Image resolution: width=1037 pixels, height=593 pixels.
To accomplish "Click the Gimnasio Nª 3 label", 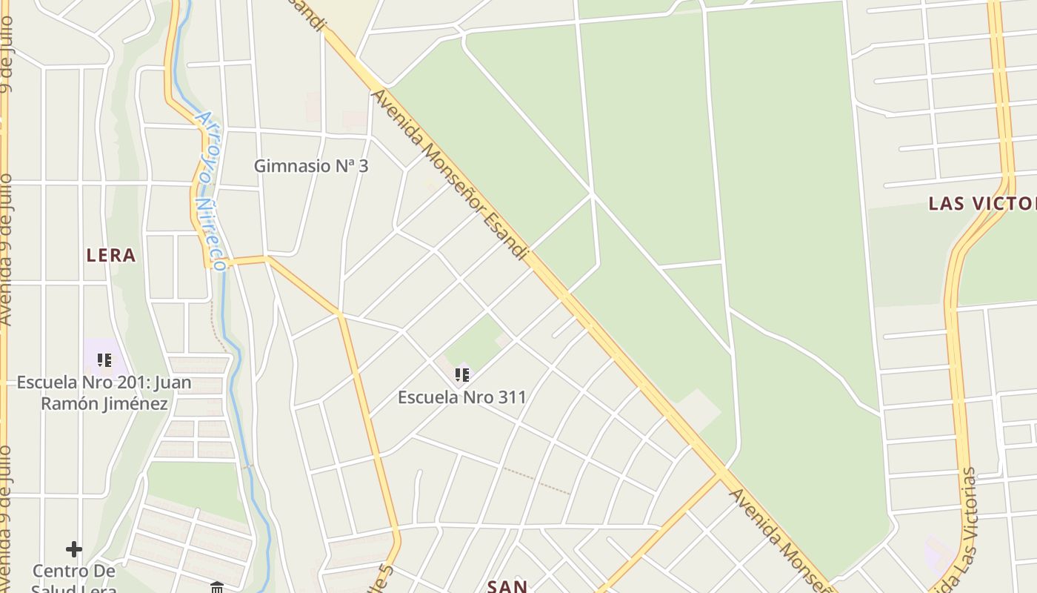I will [x=310, y=166].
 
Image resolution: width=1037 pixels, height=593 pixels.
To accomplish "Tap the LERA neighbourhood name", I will [x=111, y=256].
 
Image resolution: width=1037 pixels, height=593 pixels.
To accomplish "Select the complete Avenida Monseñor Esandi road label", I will [x=450, y=175].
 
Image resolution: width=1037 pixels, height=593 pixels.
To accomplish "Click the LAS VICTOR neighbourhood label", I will [x=982, y=204].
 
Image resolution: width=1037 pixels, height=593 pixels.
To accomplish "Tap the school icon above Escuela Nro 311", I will [x=462, y=375].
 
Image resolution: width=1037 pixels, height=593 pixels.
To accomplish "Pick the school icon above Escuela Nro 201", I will [x=104, y=360].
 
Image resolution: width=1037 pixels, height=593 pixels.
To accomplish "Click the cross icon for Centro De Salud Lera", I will [x=74, y=549].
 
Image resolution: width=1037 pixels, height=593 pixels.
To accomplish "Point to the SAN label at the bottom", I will [x=507, y=586].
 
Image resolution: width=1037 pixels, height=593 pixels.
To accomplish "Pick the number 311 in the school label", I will [x=511, y=397].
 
